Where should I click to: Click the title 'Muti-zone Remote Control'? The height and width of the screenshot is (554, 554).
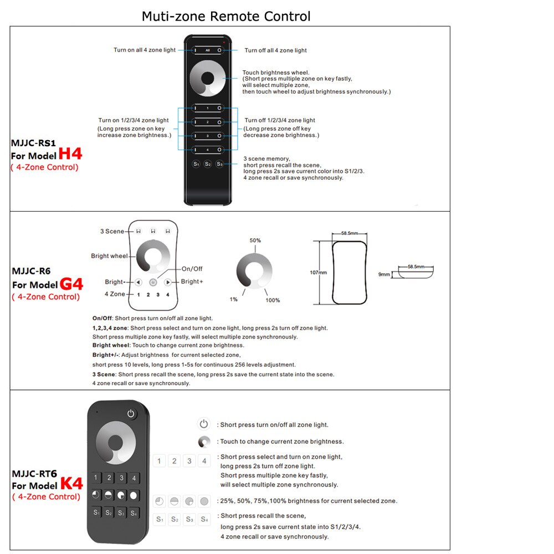coord(226,16)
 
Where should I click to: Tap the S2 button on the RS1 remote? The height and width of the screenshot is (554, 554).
coord(207,164)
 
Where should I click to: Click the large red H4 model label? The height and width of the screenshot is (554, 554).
coord(70,153)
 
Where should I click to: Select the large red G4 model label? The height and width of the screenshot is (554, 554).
coord(71,284)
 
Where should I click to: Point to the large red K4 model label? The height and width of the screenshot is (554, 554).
coord(71,484)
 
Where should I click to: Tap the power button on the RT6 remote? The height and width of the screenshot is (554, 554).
coord(131,413)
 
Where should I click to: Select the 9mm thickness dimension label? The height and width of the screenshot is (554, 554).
coord(383,274)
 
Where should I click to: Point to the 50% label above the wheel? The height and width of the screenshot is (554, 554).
coord(255,241)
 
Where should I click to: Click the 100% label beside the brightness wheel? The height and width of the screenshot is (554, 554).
coord(273,300)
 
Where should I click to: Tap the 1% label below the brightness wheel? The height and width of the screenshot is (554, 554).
coord(234,299)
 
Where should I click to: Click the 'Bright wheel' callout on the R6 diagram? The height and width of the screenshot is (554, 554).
coord(109,256)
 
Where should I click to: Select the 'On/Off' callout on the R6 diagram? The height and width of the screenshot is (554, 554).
coord(192,269)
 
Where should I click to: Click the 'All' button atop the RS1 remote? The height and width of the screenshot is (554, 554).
coord(207,50)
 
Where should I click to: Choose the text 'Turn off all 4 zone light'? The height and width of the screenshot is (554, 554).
coord(275,50)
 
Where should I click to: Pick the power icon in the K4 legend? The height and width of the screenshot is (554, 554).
coord(204,424)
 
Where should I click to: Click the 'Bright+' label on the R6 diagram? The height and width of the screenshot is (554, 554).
coord(192,281)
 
